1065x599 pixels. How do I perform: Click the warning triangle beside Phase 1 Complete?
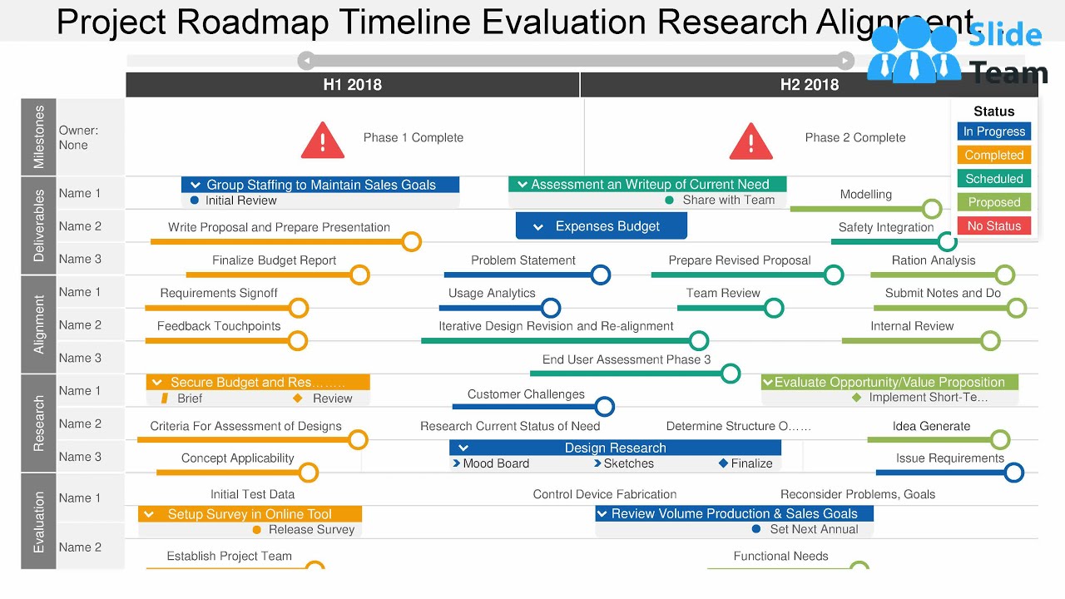tap(323, 141)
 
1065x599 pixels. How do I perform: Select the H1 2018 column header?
tap(353, 85)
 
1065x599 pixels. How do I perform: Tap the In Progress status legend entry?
tap(994, 131)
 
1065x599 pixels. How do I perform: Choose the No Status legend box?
tap(994, 225)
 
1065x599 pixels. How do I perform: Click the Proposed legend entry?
tap(994, 202)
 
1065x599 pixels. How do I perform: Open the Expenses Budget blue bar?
tap(602, 226)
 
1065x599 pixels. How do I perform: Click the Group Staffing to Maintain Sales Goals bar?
tap(320, 185)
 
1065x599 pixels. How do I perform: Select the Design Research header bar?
tap(615, 448)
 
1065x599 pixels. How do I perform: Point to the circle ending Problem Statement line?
tap(601, 275)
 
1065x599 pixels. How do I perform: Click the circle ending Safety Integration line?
tap(947, 242)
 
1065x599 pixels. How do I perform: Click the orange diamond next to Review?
tap(298, 399)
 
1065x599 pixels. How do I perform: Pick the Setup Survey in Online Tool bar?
tap(250, 514)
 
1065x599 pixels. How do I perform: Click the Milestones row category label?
tap(39, 137)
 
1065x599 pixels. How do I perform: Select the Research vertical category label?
tap(39, 423)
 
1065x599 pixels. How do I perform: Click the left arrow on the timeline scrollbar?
tap(306, 61)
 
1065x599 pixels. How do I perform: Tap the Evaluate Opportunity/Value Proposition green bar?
tap(889, 383)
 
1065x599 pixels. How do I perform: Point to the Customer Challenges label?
tap(526, 394)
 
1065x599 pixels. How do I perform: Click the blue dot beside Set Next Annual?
tap(756, 529)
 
